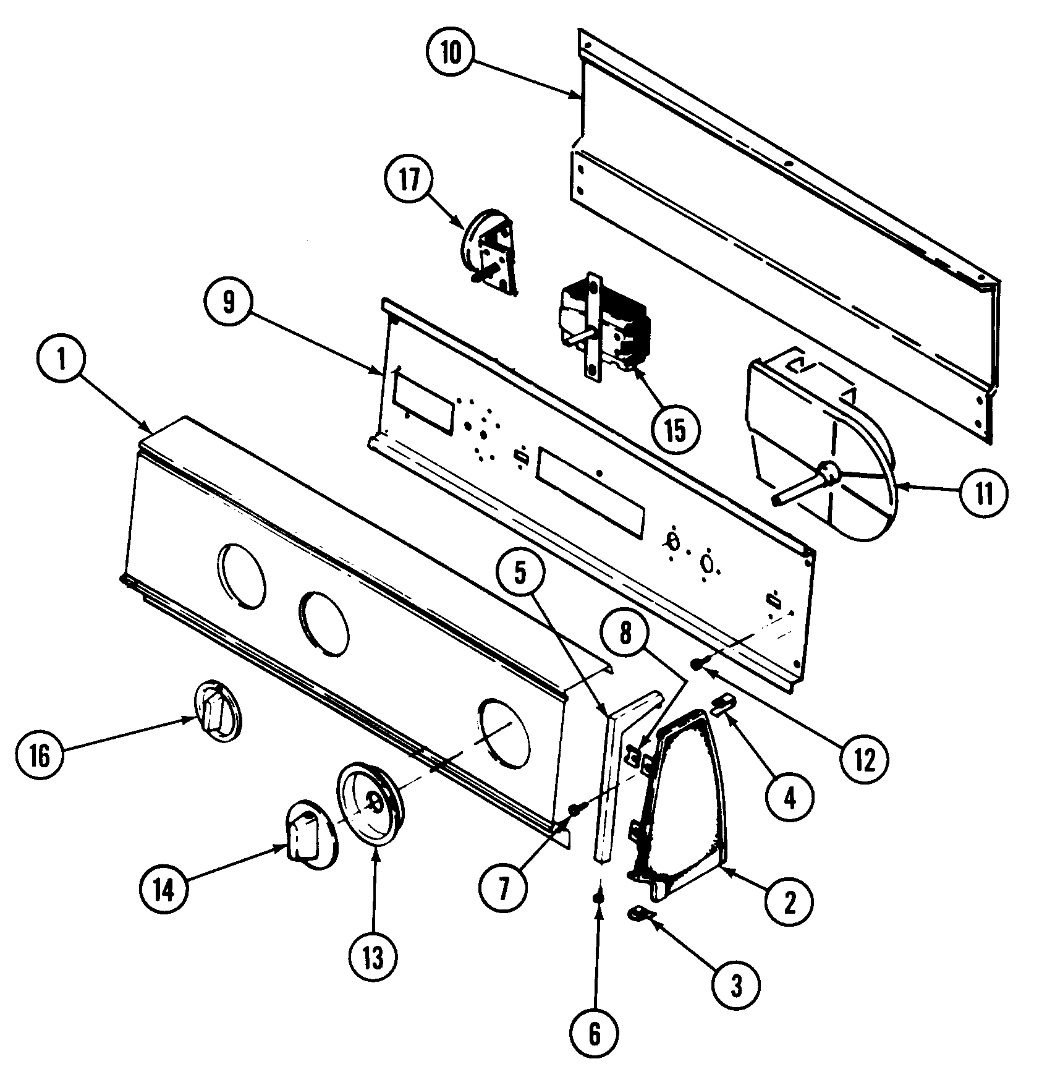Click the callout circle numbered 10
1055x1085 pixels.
pos(451,53)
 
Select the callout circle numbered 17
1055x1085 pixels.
pos(409,180)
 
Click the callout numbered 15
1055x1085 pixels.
pos(676,431)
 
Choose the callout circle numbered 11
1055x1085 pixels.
pos(983,493)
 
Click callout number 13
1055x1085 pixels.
pos(373,958)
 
